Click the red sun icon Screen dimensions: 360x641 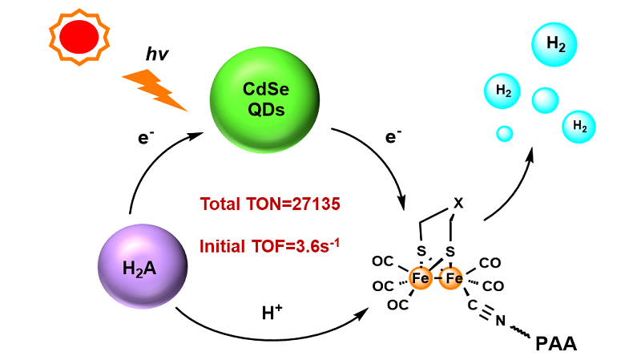tap(79, 37)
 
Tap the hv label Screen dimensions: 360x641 tap(157, 55)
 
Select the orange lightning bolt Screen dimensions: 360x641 tap(155, 88)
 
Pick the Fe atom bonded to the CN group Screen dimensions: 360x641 tap(454, 278)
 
